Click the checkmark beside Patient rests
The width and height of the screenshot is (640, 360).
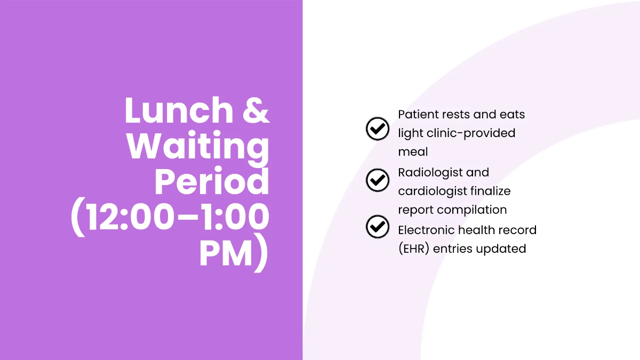(378, 129)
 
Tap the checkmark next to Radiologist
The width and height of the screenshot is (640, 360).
(378, 180)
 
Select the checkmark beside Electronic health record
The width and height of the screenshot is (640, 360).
(378, 227)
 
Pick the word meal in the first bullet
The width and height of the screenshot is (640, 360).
(413, 151)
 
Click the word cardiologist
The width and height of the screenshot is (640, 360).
(432, 191)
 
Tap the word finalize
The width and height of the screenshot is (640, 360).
(491, 191)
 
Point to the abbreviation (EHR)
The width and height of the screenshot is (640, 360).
(414, 249)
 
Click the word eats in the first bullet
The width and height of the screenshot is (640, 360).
(513, 115)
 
